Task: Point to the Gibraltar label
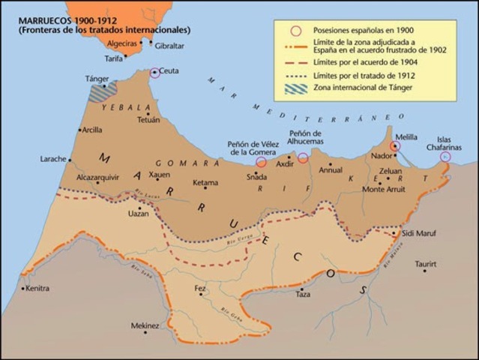(169, 45)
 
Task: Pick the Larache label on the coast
(55, 159)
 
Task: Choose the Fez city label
(200, 287)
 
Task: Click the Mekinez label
(145, 325)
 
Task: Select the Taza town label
(302, 295)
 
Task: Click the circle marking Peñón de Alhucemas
(303, 157)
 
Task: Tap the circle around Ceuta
(154, 73)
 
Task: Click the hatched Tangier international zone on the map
(103, 91)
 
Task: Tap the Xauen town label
(160, 175)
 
